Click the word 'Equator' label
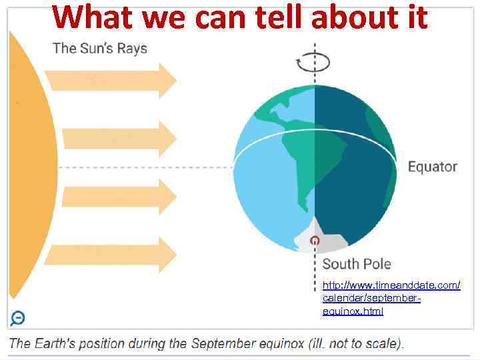pos(433,167)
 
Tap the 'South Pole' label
pos(357,264)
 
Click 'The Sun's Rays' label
pos(100,48)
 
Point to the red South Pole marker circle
pos(315,241)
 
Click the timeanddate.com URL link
pos(391,297)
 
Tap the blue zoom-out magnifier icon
pos(18,318)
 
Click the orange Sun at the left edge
pos(20,167)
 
